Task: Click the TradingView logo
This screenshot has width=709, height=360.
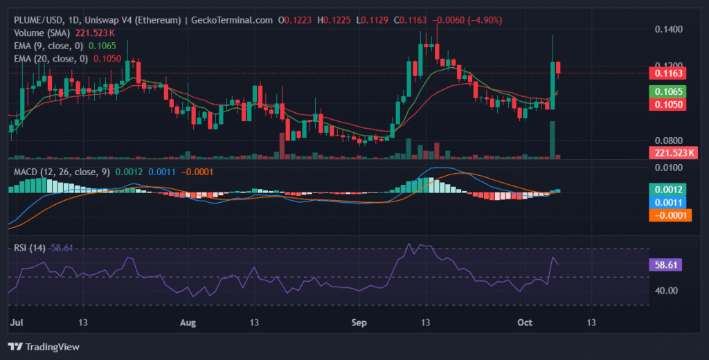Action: (44, 346)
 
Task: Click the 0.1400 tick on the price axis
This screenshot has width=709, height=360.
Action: (669, 29)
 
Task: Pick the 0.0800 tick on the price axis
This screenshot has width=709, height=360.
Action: (669, 141)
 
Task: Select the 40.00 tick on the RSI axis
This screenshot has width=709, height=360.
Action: (667, 291)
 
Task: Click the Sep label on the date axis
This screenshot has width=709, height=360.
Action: (359, 322)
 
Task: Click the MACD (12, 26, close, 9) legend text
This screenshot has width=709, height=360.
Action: (61, 172)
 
